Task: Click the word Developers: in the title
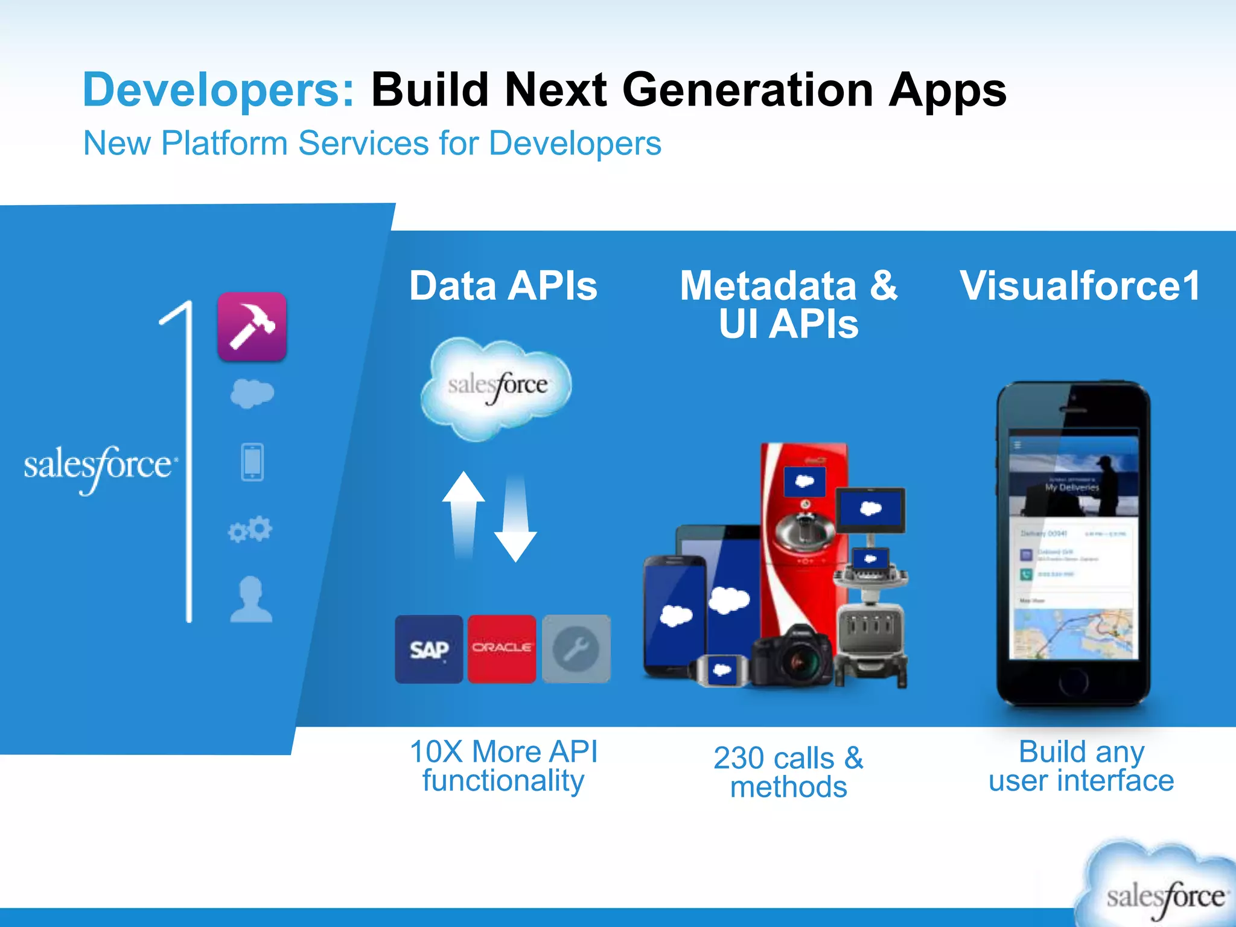point(218,90)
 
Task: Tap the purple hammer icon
point(252,327)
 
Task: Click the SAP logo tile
point(429,649)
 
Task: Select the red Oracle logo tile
point(502,649)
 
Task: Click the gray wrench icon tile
point(576,649)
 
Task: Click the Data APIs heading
point(503,285)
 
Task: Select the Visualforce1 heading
point(1080,285)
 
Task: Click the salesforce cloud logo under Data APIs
point(497,386)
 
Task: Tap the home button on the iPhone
point(1073,682)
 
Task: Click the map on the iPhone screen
point(1073,634)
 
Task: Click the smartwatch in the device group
point(721,670)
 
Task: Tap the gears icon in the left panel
point(250,529)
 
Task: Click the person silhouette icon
point(251,599)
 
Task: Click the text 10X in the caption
point(436,752)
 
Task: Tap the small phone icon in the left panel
point(252,462)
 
